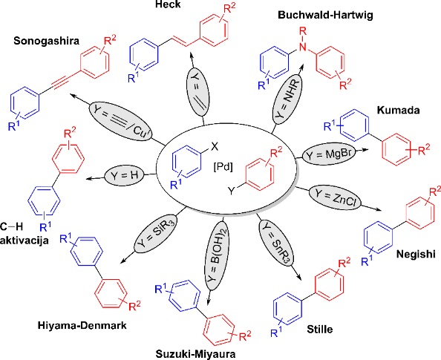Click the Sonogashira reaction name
[47, 41]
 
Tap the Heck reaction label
[169, 4]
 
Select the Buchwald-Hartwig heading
[325, 15]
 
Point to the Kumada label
[398, 110]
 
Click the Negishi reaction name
[416, 255]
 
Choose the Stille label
[320, 329]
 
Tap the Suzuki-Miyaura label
[196, 354]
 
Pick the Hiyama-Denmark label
[82, 325]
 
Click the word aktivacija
[24, 240]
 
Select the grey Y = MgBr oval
[329, 154]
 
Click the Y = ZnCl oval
[336, 197]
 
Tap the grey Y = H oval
[124, 176]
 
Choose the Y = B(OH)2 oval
[217, 255]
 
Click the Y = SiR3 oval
[155, 235]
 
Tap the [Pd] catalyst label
[223, 167]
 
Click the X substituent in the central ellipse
[215, 146]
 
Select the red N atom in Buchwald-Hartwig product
[303, 47]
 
